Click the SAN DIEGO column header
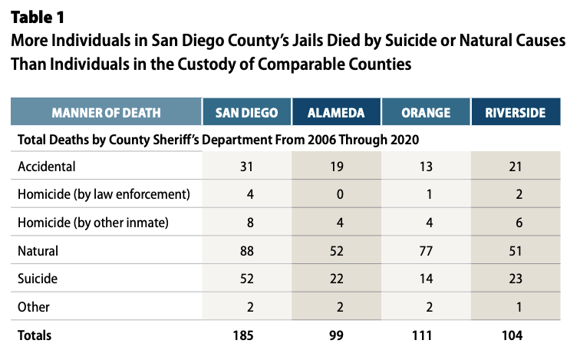246,113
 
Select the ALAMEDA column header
336,113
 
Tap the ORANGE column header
425,113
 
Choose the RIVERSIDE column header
516,113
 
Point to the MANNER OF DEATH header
107,113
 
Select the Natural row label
39,249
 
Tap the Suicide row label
39,278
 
